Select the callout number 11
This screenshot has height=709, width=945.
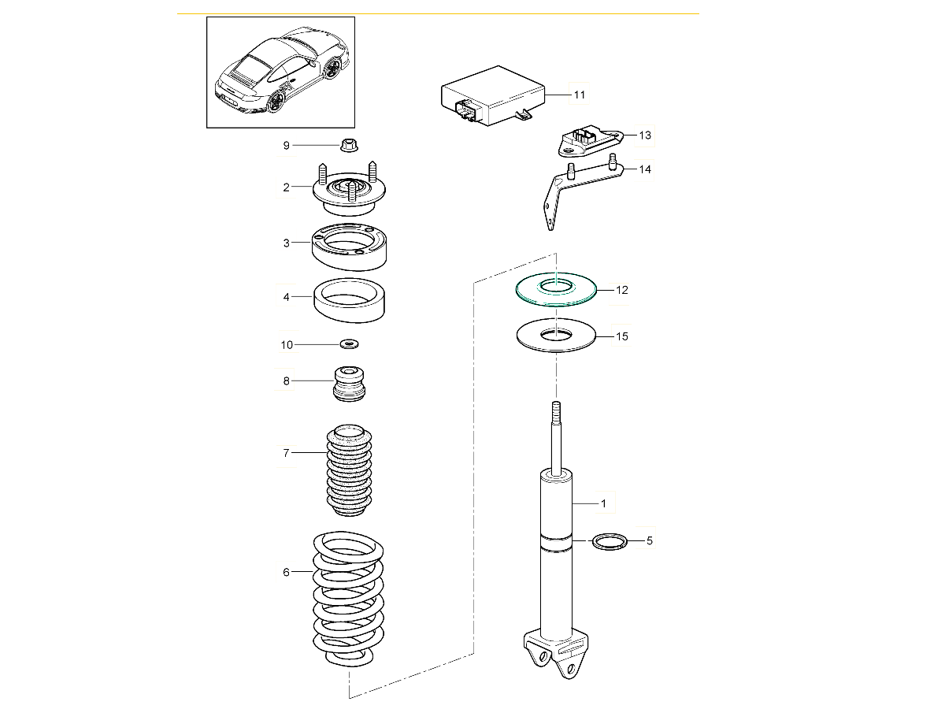pos(579,95)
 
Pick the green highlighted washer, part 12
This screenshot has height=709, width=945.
pos(556,290)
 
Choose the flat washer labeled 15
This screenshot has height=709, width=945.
pos(556,336)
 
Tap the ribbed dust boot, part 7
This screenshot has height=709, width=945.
pos(348,471)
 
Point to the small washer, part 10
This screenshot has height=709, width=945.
pos(349,344)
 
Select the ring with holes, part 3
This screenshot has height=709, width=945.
pos(351,246)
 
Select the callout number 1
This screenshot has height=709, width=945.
pos(603,503)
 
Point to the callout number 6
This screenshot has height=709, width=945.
pos(287,572)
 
